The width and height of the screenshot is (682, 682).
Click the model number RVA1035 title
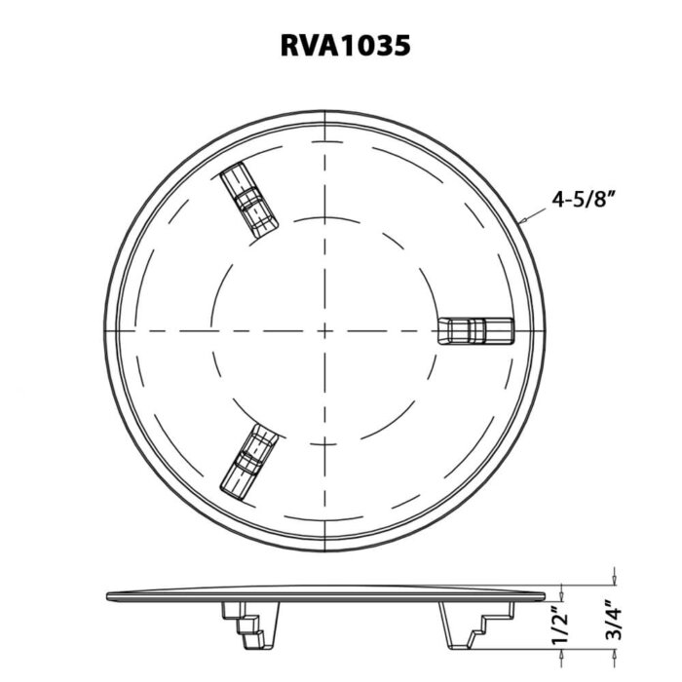pos(340,45)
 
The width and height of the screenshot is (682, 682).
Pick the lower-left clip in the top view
pos(249,460)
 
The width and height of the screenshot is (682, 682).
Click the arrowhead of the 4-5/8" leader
pos(524,223)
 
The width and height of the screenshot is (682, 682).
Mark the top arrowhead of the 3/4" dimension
pos(613,581)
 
